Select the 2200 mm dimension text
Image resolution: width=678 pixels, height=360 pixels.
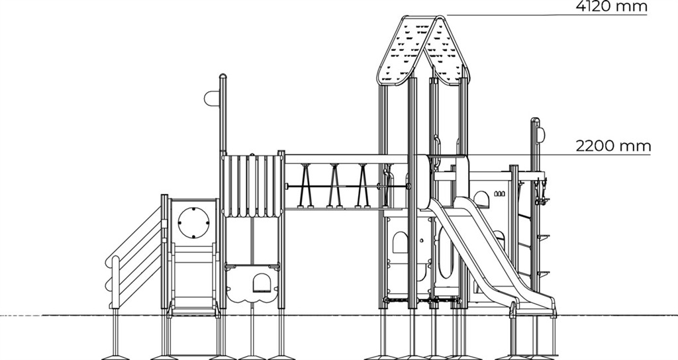613,146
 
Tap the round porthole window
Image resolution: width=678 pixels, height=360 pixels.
194,222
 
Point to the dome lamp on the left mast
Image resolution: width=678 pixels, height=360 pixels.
212,98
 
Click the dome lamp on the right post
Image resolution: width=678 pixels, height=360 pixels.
541,135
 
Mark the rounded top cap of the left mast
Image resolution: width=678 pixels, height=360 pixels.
223,77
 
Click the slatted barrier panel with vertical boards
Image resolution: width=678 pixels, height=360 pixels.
252,186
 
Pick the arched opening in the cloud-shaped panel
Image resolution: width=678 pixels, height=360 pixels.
262,283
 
